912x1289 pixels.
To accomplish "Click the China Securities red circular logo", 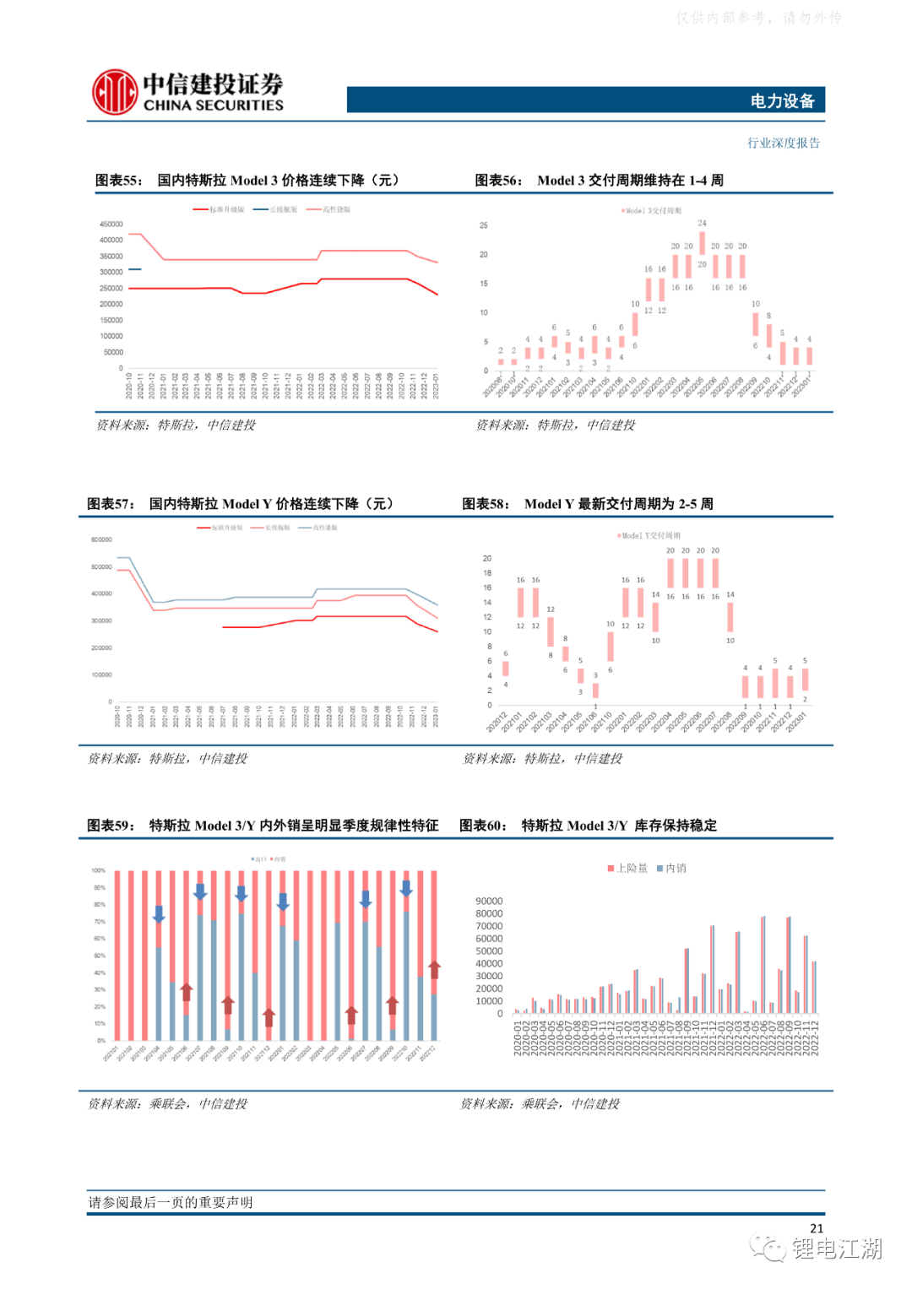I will coord(115,92).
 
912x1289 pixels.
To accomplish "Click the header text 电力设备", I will coord(782,101).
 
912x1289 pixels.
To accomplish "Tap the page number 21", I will coord(816,1228).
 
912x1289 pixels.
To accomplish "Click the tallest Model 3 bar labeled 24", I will coord(702,242).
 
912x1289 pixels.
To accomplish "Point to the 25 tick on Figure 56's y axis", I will coord(484,225).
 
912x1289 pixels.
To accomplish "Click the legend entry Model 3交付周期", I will coord(651,211).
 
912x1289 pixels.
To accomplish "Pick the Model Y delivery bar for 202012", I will coord(506,669).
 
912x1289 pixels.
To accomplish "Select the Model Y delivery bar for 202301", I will coord(805,680).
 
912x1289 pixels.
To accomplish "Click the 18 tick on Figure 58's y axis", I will coord(487,573).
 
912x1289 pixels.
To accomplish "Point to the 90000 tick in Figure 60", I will coord(489,902).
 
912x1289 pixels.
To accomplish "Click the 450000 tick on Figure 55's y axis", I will coord(111,225).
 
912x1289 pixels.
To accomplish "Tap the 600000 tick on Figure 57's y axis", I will coord(101,540).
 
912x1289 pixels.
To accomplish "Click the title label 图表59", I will coord(111,826).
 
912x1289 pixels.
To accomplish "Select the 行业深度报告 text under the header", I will coord(783,144).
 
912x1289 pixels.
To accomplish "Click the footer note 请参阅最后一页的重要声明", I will coord(171,1202).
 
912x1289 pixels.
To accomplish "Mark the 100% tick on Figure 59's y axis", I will coord(99,871).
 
